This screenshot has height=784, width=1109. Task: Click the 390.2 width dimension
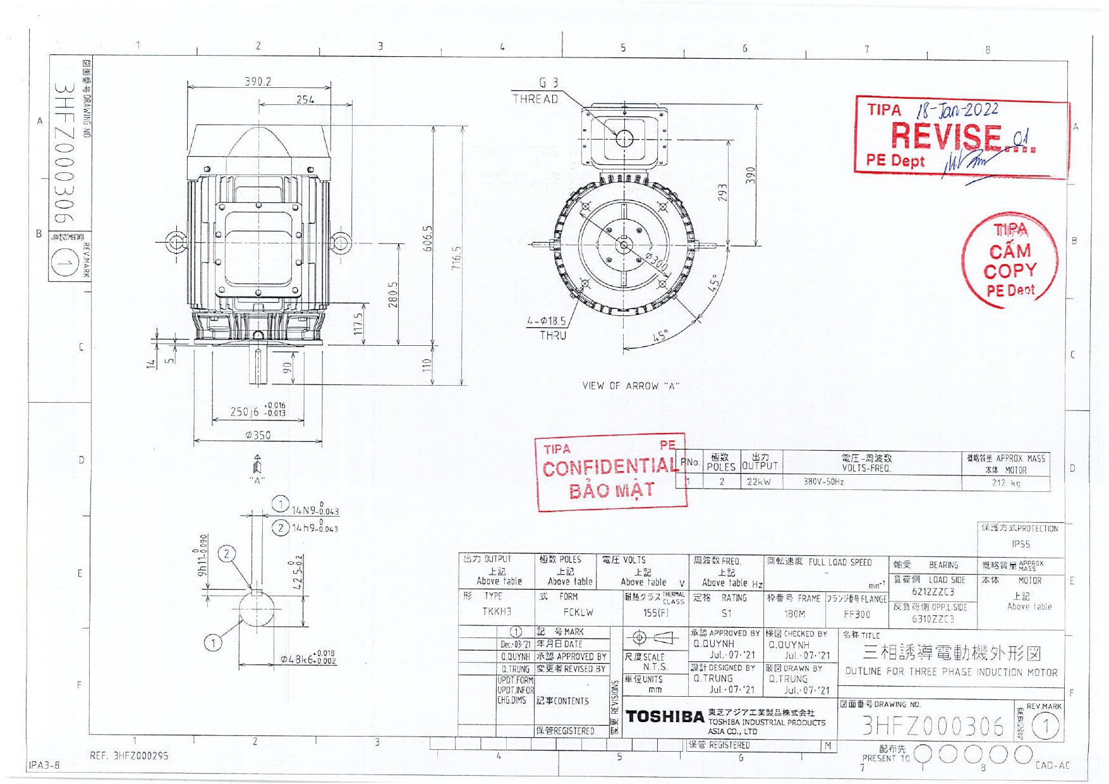pos(258,82)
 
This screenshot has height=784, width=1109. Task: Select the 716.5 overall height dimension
pos(458,258)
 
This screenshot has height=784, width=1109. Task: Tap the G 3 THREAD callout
pos(536,90)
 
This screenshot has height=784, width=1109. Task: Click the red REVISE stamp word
pos(946,136)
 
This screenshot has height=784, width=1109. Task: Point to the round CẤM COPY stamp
pos(1010,260)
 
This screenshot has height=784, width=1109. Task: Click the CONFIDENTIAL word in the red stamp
pos(609,467)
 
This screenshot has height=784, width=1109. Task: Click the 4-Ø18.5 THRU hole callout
pos(547,328)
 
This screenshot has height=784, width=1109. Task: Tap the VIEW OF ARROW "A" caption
pos(630,386)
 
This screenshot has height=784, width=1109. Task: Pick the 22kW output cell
pos(759,482)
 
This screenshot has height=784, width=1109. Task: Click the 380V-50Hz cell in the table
pos(823,482)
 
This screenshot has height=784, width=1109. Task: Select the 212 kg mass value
pos(1005,483)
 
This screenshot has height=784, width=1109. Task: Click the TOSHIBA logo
pos(664,716)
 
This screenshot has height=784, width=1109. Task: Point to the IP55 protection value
pos(1021,544)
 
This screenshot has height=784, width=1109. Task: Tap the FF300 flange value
pos(857,614)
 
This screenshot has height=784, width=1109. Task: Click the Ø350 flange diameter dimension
pos(258,435)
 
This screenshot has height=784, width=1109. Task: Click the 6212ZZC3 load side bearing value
pos(933,592)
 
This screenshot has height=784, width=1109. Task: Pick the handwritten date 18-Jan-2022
pos(957,110)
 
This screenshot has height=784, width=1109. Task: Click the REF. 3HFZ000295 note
pos(129,756)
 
